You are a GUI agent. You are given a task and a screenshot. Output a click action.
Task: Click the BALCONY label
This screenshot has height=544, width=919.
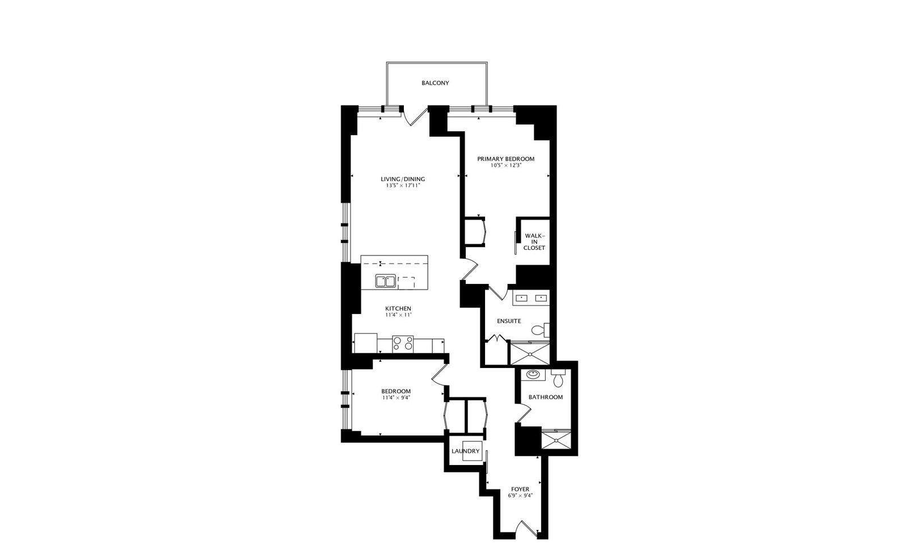click(x=435, y=83)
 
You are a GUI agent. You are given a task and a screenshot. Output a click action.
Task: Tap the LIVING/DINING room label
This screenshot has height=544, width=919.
click(x=403, y=179)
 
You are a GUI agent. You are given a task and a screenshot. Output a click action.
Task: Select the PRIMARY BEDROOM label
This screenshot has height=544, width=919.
click(x=505, y=159)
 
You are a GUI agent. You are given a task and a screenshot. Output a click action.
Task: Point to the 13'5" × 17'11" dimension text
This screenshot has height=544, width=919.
click(x=403, y=186)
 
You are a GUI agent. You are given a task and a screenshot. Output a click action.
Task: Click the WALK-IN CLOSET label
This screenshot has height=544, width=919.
click(x=534, y=241)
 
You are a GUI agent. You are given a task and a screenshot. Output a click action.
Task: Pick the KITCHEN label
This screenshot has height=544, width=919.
click(x=398, y=308)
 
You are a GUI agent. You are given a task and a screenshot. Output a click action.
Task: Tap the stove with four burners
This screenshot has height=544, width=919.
click(x=403, y=344)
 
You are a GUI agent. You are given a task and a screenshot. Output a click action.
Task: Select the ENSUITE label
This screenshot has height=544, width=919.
click(x=509, y=321)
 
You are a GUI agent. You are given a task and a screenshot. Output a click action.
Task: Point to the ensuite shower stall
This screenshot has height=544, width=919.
click(x=530, y=353)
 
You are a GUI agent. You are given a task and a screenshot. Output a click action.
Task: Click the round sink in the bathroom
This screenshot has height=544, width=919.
click(x=533, y=375)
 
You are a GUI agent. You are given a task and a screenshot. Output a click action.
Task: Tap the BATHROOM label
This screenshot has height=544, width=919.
click(x=546, y=397)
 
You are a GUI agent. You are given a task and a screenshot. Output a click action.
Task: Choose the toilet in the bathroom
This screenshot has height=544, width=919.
click(x=559, y=377)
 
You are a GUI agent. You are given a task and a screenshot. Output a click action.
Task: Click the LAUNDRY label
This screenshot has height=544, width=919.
click(x=466, y=451)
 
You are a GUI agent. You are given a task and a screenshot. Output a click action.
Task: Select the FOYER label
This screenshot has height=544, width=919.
click(x=520, y=489)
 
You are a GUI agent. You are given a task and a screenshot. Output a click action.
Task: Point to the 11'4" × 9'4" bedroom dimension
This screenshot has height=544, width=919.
click(x=396, y=397)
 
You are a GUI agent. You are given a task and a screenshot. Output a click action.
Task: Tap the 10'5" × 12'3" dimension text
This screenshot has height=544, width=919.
click(x=505, y=165)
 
